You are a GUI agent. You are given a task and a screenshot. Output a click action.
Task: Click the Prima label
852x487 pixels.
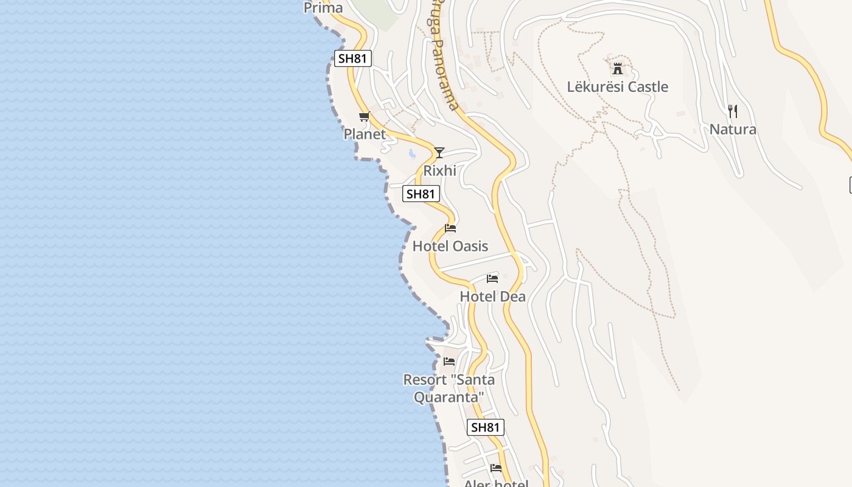click(x=323, y=8)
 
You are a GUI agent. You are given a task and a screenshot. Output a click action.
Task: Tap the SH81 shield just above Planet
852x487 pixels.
click(x=353, y=58)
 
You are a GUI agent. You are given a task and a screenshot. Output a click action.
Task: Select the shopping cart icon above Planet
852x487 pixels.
click(x=364, y=116)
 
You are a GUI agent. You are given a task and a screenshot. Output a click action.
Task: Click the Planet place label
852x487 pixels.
click(x=365, y=134)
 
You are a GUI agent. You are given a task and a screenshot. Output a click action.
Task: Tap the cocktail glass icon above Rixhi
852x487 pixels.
click(x=439, y=152)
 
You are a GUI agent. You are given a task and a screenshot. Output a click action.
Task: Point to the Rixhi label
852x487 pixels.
click(x=439, y=170)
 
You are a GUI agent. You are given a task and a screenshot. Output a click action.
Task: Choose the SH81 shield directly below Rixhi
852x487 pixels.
click(x=421, y=194)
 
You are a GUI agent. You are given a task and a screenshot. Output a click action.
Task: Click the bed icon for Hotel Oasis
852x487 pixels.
click(x=450, y=228)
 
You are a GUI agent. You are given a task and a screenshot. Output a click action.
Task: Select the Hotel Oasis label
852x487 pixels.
click(x=450, y=246)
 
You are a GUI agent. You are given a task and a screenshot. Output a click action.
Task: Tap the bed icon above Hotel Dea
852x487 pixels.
click(x=492, y=279)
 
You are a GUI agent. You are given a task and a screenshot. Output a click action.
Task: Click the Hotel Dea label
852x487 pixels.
click(x=492, y=296)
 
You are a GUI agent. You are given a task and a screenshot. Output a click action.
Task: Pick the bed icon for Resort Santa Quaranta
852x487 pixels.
click(x=449, y=362)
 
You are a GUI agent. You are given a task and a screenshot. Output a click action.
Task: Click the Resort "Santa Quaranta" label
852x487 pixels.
click(x=449, y=388)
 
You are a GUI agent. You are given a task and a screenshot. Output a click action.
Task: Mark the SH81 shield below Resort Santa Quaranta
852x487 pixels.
click(x=486, y=427)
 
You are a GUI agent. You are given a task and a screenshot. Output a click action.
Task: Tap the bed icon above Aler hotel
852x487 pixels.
click(x=496, y=468)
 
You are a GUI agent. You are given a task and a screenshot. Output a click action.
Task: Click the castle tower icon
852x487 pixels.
click(x=618, y=68)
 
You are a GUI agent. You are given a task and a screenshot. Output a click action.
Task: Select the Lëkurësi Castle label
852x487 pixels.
click(x=618, y=86)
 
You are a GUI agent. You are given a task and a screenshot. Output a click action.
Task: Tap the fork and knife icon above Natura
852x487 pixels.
click(x=733, y=111)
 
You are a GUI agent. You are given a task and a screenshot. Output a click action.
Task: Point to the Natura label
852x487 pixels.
click(x=733, y=129)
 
